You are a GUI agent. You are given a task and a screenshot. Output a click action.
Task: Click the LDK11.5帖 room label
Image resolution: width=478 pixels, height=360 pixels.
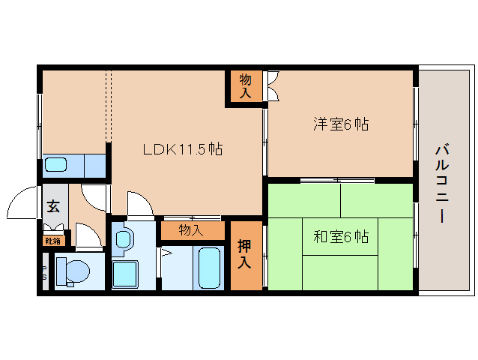coord(182,148)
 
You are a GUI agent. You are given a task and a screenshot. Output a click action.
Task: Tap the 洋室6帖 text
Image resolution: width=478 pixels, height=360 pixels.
coord(341,124)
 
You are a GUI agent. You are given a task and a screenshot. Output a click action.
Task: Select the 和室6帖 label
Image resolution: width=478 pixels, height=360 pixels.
coord(341,237)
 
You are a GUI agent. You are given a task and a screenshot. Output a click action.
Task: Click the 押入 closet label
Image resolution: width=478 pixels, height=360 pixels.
coord(245,255)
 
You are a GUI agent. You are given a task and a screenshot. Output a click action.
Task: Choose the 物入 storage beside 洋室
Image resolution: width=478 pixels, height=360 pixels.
coord(245,86)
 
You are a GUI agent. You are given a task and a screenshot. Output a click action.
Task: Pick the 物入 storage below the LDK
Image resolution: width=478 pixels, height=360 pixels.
coord(191,230)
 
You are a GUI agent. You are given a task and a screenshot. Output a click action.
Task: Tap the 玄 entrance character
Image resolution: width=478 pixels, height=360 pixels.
coord(54,208)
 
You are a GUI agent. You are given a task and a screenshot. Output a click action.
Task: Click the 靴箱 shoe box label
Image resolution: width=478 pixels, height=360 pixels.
coord(53,241)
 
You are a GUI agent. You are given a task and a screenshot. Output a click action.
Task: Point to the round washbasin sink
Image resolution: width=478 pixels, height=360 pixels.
coord(124,241)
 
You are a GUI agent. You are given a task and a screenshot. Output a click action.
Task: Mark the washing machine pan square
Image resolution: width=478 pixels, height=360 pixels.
coord(124,273)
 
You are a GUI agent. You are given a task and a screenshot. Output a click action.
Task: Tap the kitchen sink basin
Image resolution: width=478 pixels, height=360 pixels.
coord(58,165)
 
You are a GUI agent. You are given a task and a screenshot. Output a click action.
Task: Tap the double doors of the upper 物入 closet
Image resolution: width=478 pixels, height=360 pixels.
coord(272,86)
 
